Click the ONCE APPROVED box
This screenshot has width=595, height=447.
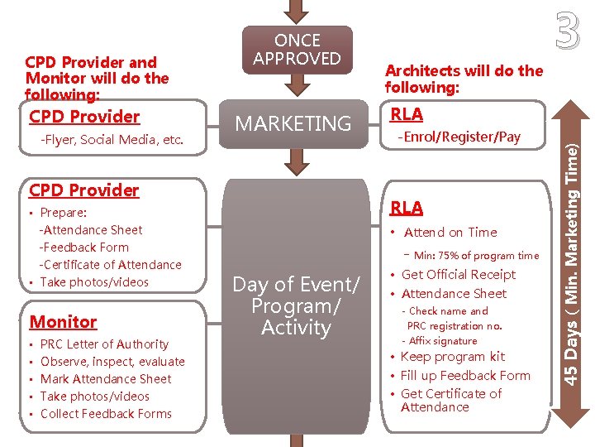297,50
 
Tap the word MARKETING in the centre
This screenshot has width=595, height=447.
293,124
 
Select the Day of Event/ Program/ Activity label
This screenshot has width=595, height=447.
296,306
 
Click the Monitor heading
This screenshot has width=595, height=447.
63,322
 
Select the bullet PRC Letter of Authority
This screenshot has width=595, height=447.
104,344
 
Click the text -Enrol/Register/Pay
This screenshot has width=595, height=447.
459,137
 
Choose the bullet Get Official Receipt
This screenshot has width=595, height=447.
458,275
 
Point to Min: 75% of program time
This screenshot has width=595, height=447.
476,256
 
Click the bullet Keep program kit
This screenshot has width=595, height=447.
452,357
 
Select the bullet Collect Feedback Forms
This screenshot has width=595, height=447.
106,414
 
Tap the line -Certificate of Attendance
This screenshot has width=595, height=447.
110,265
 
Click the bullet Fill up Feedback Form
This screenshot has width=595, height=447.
465,375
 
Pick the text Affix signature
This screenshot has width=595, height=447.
443,341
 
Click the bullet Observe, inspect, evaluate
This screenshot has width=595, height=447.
112,362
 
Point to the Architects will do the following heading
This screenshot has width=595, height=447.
464,79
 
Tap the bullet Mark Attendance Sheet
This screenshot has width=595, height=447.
106,379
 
